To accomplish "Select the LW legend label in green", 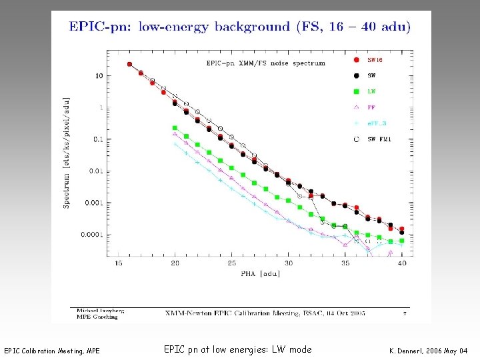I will point(372,91).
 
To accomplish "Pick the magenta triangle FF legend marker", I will point(356,107).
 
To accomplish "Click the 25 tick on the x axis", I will point(231,263).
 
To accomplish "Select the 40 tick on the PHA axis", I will point(401,263).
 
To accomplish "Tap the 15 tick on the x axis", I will point(118,263).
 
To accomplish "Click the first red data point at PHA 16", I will point(129,65).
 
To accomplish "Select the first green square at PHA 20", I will point(175,127).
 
